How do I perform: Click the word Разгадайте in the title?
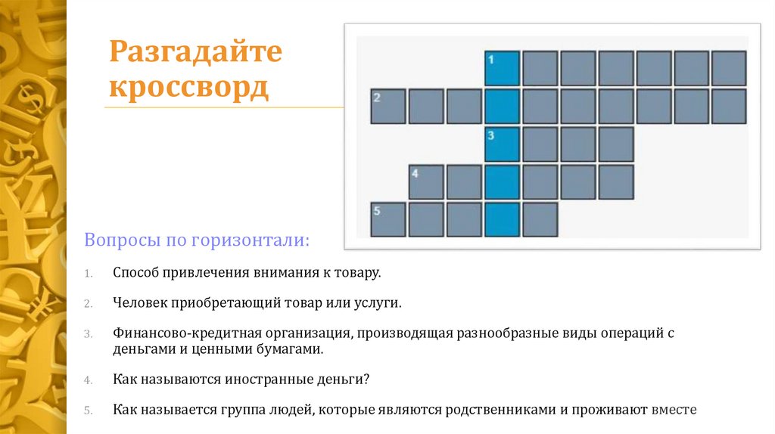pos(196,54)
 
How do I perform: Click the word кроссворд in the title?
pos(188,88)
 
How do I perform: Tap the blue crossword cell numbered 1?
pos(502,68)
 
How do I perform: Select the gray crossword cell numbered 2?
pos(388,106)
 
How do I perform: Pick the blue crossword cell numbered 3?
pos(502,144)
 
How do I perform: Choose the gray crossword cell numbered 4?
pos(426,181)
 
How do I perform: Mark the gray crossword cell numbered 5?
pos(388,219)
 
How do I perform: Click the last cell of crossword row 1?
pos(729,68)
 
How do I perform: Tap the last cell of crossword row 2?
pos(729,106)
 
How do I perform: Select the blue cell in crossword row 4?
pos(502,181)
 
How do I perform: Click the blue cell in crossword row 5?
pos(502,219)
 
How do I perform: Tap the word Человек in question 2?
pos(139,303)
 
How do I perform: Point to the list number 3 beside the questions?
pos(88,334)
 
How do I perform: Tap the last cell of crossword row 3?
pos(615,144)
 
